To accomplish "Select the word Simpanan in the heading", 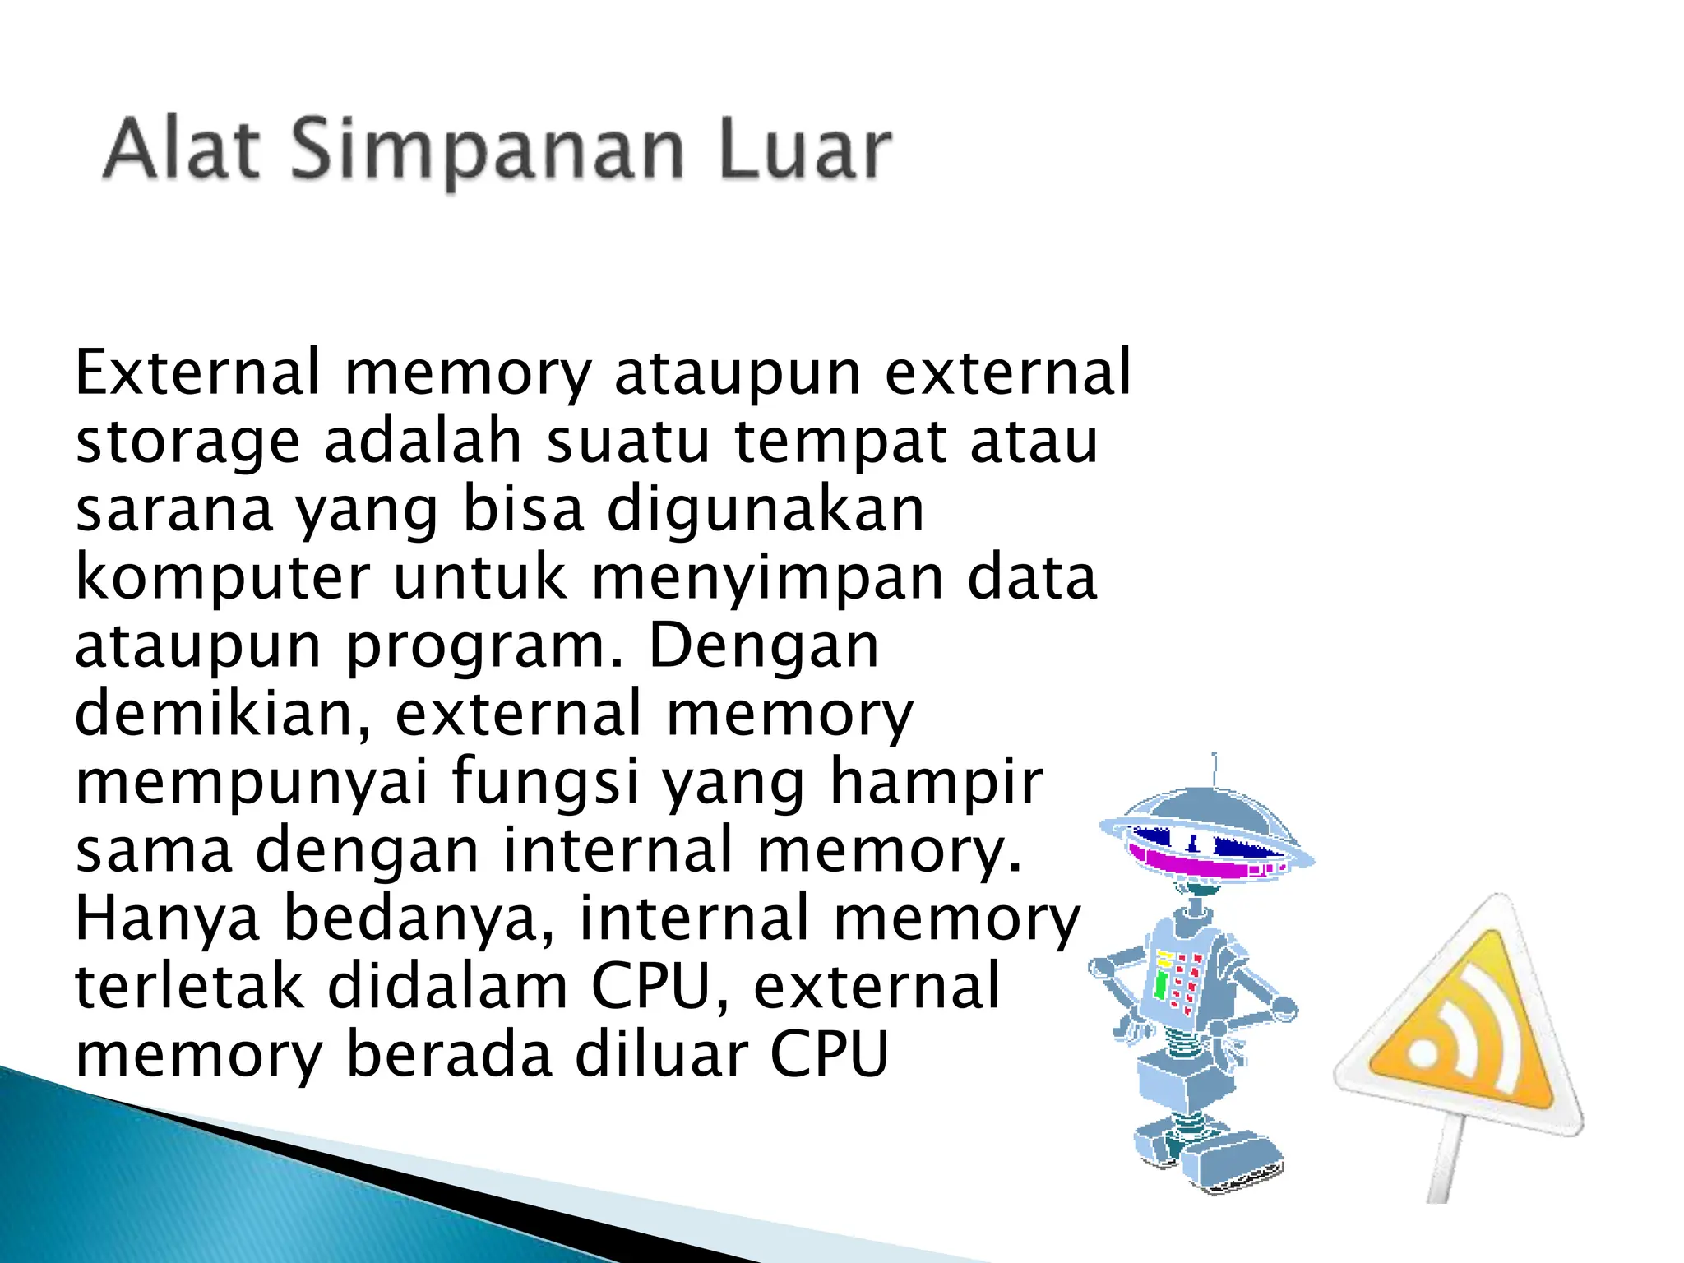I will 487,153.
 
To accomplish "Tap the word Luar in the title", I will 804,150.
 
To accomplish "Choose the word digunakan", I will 766,510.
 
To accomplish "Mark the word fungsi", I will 545,783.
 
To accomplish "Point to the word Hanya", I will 168,918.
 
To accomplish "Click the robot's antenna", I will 1214,768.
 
